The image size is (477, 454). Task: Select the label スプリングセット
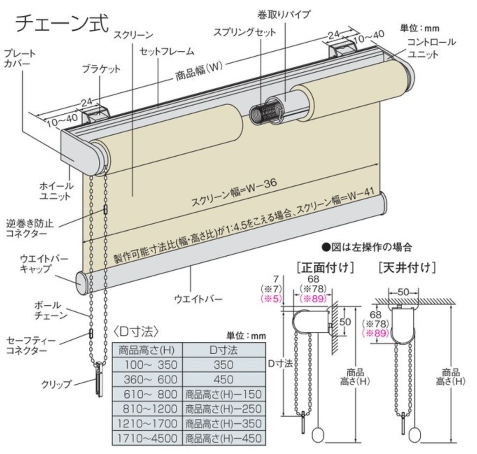[x=244, y=32]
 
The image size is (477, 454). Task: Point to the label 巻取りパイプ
[x=284, y=15]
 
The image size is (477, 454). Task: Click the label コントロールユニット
[x=432, y=48]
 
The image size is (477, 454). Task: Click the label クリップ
[x=56, y=384]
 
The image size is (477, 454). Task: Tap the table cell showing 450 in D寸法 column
[x=223, y=379]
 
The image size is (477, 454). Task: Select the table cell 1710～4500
[x=147, y=438]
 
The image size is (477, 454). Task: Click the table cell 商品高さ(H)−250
[x=223, y=409]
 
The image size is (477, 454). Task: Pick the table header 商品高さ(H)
[x=147, y=350]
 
